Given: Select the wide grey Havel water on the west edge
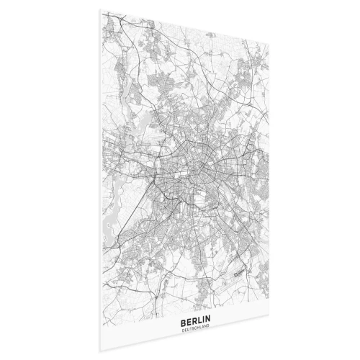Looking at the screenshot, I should coord(109,209).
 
